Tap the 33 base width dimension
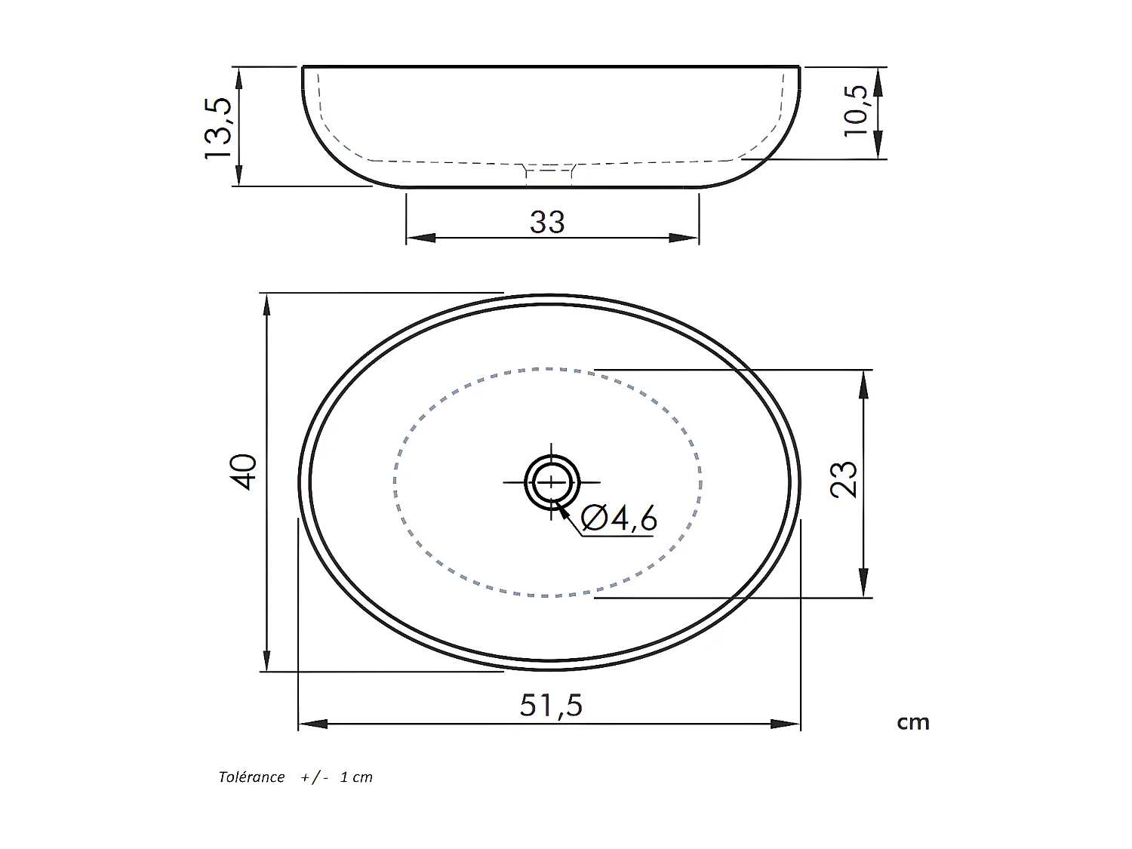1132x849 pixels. tap(547, 223)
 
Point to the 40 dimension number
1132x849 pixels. tap(245, 472)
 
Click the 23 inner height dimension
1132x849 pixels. tap(844, 479)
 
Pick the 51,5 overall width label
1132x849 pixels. tap(551, 706)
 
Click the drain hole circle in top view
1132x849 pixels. tap(552, 482)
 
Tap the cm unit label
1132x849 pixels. tap(912, 723)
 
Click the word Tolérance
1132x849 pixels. tap(251, 777)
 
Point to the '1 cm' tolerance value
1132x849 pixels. tap(356, 777)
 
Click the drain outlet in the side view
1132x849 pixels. tap(549, 174)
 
